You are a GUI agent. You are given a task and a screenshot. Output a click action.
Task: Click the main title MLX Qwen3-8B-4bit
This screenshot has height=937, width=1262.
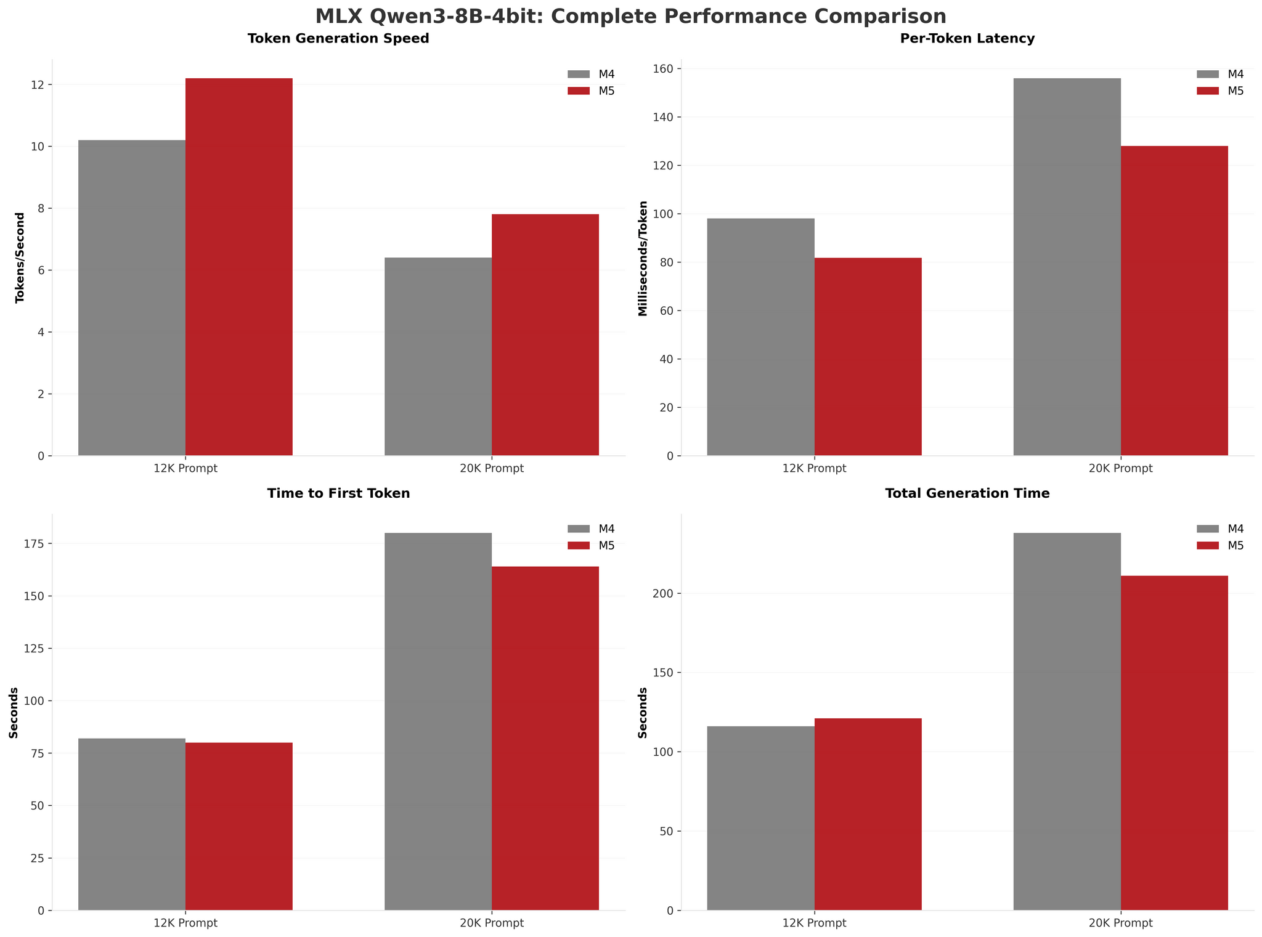tap(630, 16)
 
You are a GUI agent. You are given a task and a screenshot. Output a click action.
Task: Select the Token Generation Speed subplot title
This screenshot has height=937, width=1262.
tap(338, 39)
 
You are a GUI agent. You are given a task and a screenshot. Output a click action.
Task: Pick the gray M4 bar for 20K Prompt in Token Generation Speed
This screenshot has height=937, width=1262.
tap(438, 357)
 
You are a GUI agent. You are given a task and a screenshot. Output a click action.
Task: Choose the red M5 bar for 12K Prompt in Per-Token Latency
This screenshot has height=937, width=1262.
tap(868, 357)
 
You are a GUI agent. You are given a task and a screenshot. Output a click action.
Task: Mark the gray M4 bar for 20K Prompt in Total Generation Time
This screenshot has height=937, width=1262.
tap(1067, 721)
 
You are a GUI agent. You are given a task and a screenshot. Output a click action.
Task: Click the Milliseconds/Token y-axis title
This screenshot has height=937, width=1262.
tap(643, 258)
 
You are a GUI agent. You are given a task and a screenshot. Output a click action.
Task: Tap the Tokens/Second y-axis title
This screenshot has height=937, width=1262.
tap(20, 258)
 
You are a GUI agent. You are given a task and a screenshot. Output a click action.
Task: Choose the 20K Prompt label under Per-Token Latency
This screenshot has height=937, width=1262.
tap(1120, 468)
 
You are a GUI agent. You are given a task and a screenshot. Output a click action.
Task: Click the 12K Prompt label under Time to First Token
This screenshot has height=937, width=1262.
tap(185, 923)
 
